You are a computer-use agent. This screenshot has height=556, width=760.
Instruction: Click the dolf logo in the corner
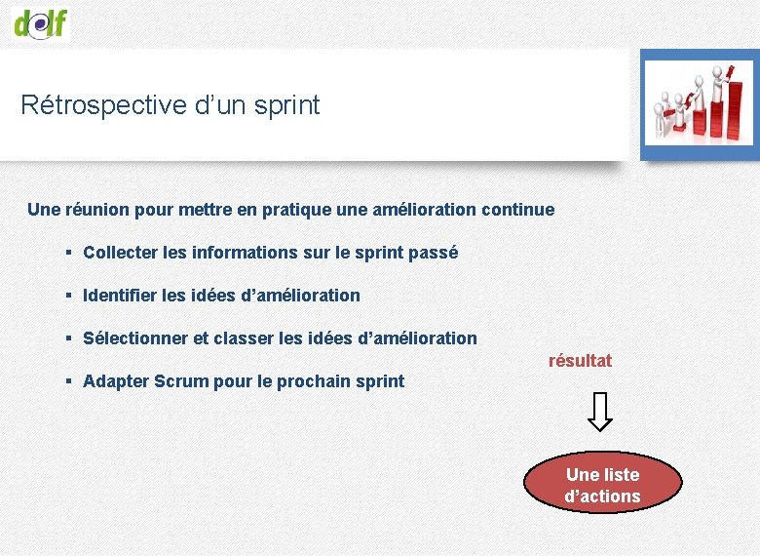tap(41, 20)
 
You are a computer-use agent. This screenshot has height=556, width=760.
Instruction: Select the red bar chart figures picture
tap(699, 104)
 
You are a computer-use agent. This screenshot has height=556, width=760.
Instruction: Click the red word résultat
tap(580, 361)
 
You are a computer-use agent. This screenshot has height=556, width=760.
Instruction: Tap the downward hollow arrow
tap(601, 412)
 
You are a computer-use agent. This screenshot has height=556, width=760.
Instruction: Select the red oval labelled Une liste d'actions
tap(602, 486)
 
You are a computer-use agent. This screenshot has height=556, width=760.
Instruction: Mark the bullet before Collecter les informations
tap(69, 253)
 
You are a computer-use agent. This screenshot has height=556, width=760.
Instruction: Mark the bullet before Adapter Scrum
tap(69, 380)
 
